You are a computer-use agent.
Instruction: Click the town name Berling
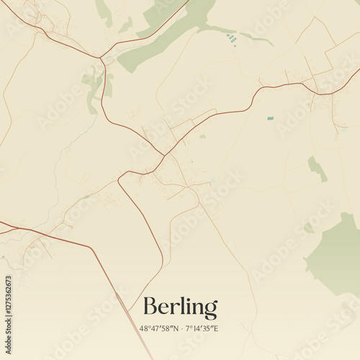pyautogui.click(x=180, y=307)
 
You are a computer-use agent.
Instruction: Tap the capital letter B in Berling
pyautogui.click(x=150, y=307)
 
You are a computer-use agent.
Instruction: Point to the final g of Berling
pyautogui.click(x=210, y=310)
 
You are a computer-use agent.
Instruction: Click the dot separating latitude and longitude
pyautogui.click(x=181, y=328)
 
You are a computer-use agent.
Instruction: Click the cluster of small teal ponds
pyautogui.click(x=231, y=39)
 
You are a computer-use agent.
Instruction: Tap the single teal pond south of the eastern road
pyautogui.click(x=270, y=118)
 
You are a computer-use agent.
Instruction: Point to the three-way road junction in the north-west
pyautogui.click(x=102, y=58)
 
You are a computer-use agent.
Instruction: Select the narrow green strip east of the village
pyautogui.click(x=317, y=168)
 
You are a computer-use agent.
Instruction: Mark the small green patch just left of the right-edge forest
pyautogui.click(x=308, y=228)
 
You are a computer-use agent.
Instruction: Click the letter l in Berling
pyautogui.click(x=181, y=305)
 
